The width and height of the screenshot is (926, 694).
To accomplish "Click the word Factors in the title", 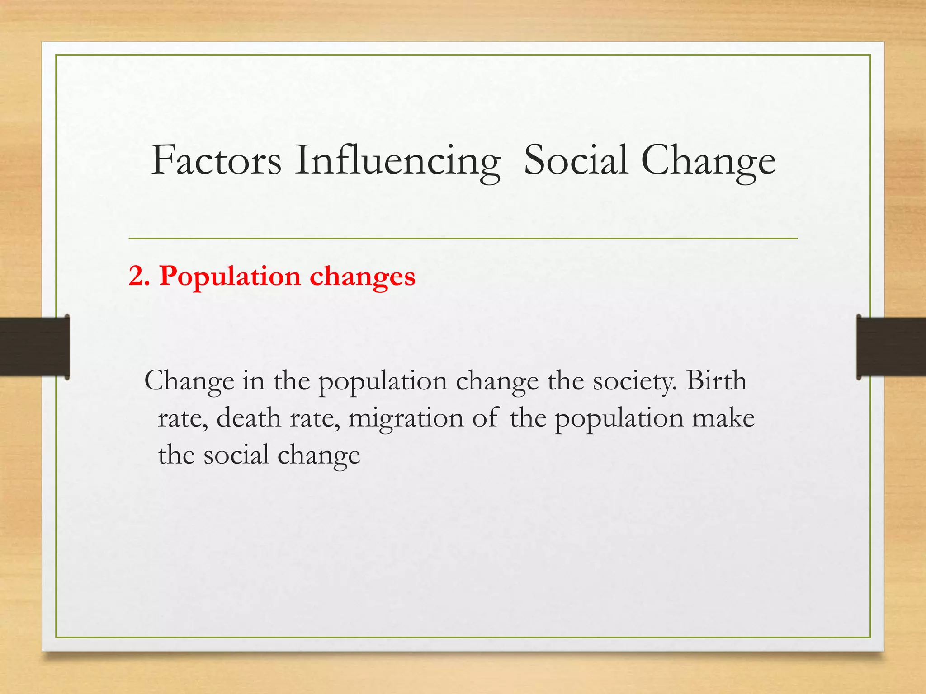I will pyautogui.click(x=216, y=160).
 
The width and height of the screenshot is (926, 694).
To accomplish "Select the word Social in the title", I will pyautogui.click(x=576, y=160).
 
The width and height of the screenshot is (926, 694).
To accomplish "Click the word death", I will pyautogui.click(x=248, y=417).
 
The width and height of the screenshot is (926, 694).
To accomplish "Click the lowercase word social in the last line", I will pyautogui.click(x=236, y=455).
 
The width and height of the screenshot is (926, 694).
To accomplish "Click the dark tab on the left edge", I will pyautogui.click(x=34, y=347).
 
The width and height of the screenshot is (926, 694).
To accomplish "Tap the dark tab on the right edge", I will pyautogui.click(x=891, y=347).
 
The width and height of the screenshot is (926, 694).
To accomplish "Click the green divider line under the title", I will pyautogui.click(x=463, y=238).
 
